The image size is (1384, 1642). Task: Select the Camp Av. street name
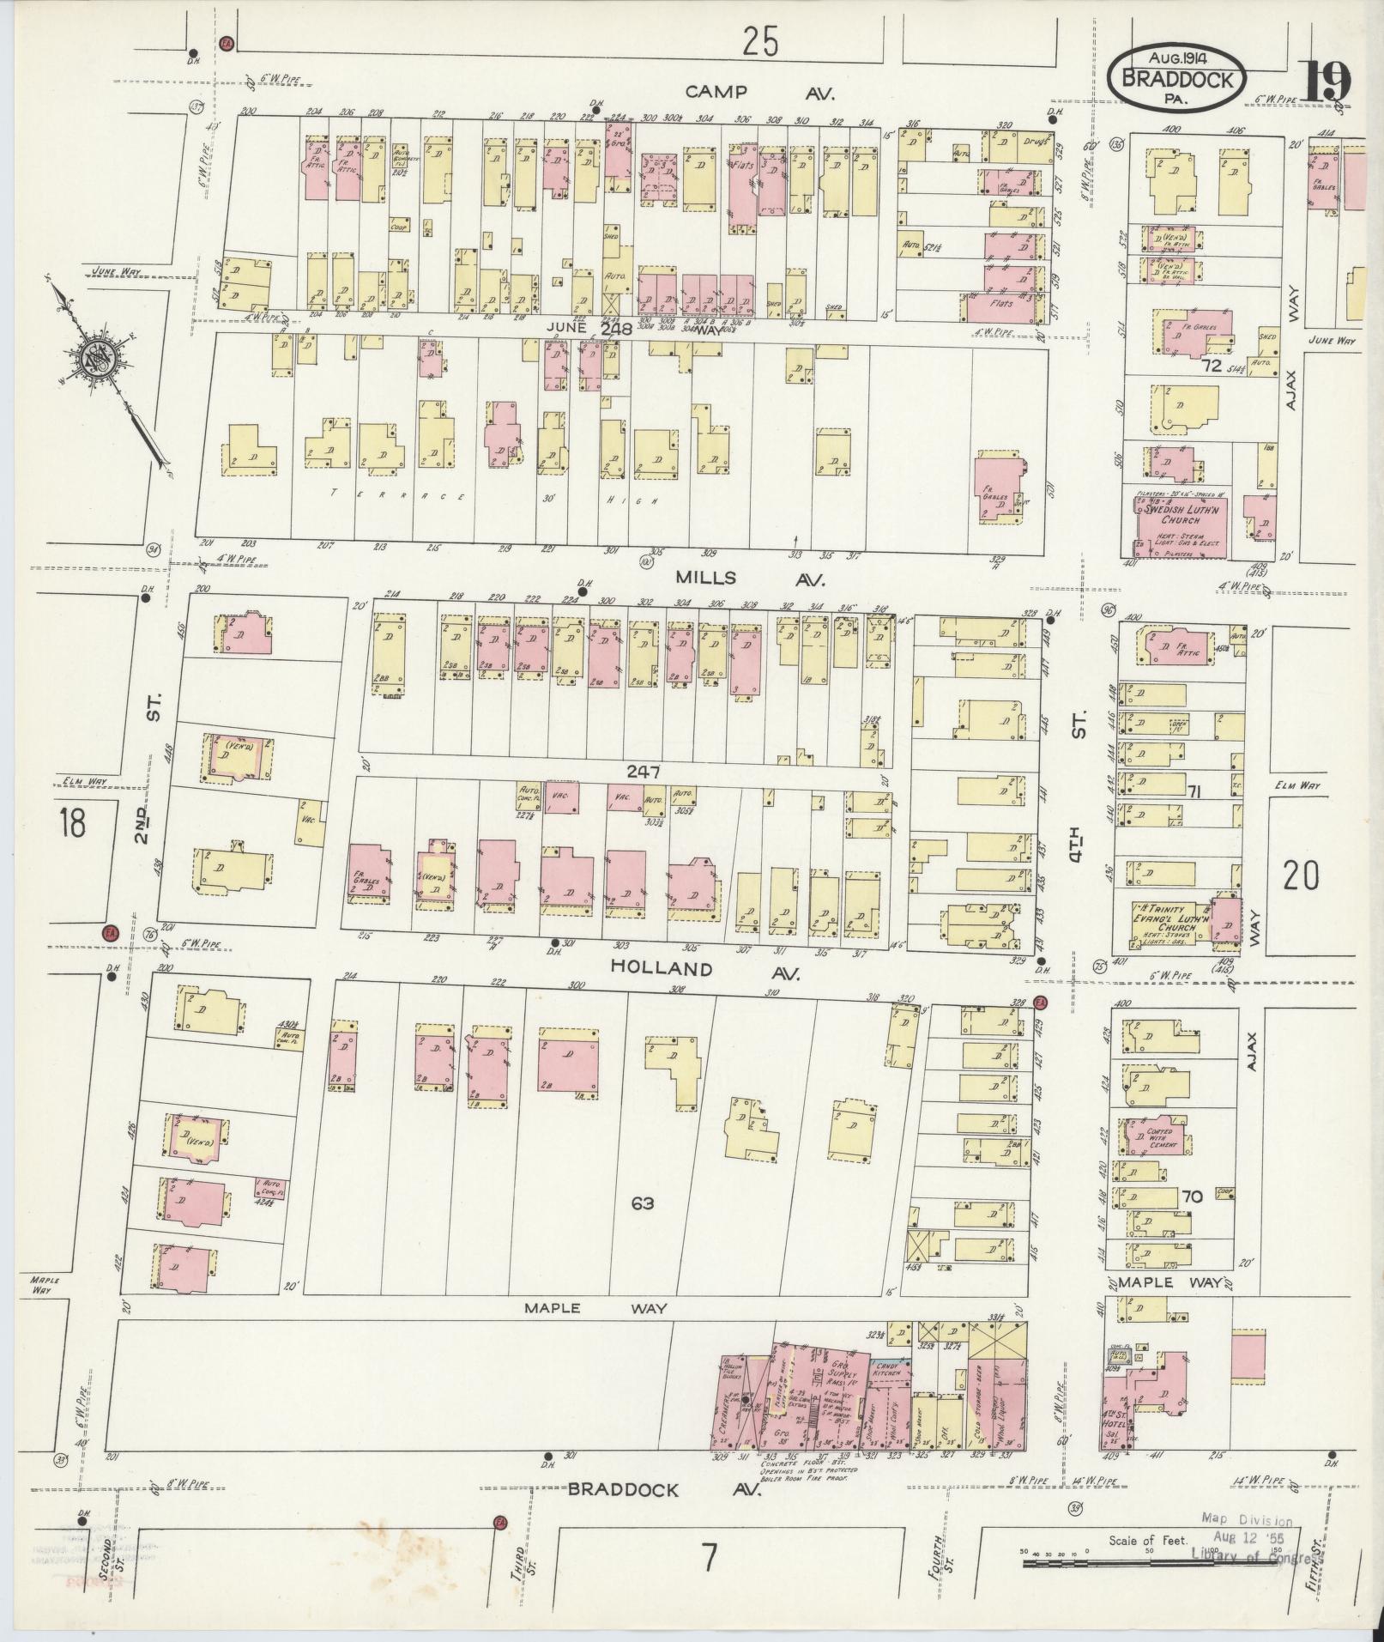760,92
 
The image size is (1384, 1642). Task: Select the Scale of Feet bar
1150,1564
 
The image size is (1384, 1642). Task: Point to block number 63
642,1203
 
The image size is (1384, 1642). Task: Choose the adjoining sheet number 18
72,822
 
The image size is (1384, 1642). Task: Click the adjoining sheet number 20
1301,876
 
